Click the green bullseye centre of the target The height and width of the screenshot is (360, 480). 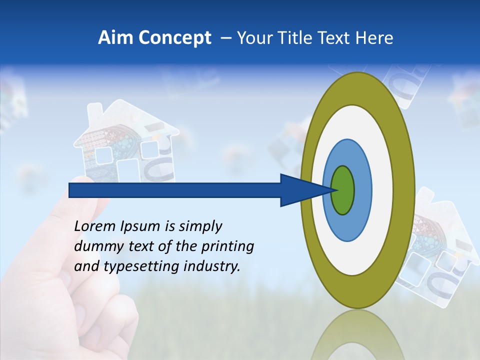pyautogui.click(x=343, y=190)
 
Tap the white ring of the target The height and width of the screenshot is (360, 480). pyautogui.click(x=382, y=190)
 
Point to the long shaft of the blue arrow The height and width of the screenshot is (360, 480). pyautogui.click(x=175, y=190)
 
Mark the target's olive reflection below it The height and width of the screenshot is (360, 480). pyautogui.click(x=357, y=335)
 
